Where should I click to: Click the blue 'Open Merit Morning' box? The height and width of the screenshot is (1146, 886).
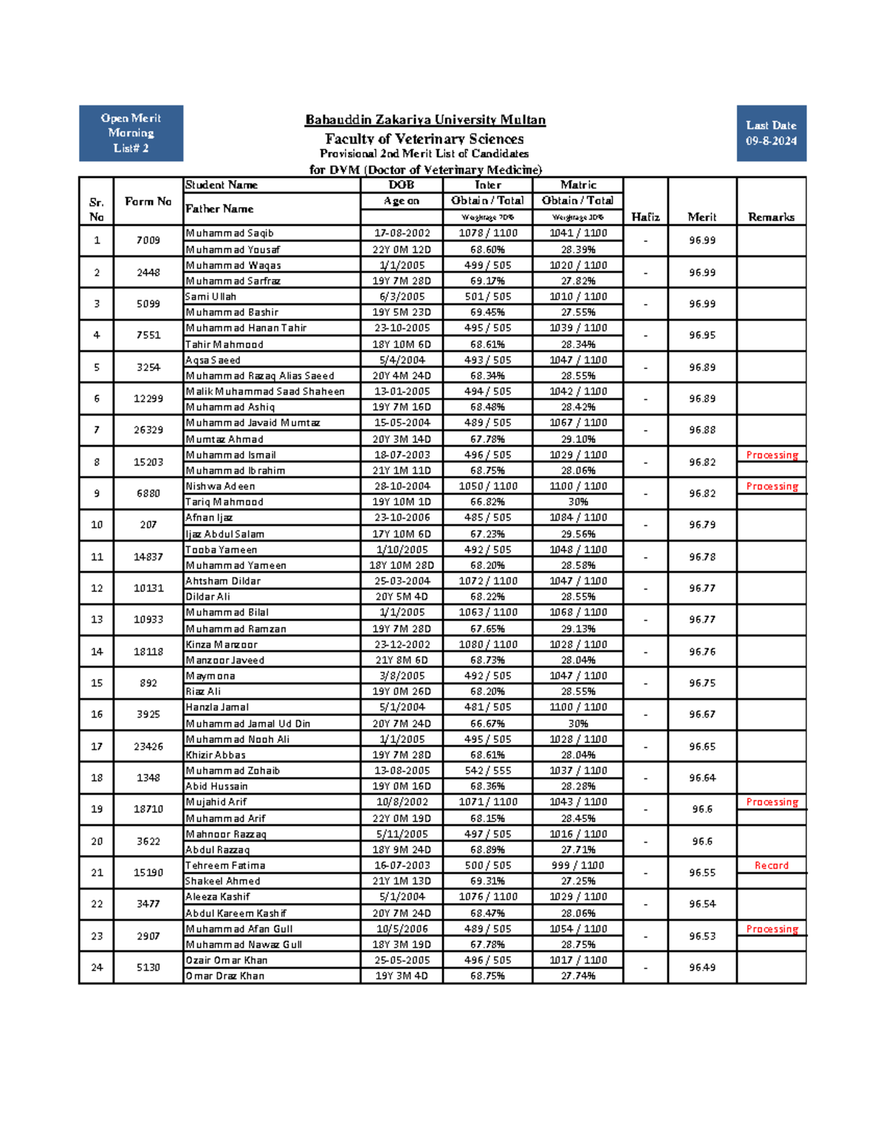click(x=131, y=133)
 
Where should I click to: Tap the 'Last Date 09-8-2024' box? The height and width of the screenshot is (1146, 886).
click(x=771, y=133)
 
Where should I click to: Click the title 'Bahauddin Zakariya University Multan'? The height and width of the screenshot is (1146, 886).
click(x=425, y=120)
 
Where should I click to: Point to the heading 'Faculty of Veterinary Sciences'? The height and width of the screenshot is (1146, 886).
click(x=425, y=139)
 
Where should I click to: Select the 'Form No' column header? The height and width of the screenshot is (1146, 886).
click(x=148, y=201)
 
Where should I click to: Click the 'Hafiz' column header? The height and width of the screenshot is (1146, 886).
click(x=645, y=217)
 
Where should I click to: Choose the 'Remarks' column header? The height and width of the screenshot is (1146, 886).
click(x=771, y=217)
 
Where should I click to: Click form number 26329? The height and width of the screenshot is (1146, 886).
click(x=148, y=430)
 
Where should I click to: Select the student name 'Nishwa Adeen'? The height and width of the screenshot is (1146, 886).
click(x=220, y=486)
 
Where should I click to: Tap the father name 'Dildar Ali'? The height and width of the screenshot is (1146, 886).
click(x=207, y=596)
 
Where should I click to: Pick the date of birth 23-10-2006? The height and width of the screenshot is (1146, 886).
click(x=402, y=517)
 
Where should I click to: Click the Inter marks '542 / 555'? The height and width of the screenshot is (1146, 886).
click(x=487, y=770)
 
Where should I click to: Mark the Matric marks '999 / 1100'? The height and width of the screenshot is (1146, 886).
click(x=577, y=865)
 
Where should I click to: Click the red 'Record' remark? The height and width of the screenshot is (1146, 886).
click(x=771, y=866)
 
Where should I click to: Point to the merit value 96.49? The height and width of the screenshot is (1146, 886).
click(x=701, y=967)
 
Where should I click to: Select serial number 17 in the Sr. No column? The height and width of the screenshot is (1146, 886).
click(x=97, y=747)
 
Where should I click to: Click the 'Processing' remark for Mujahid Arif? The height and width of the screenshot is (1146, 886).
click(x=772, y=802)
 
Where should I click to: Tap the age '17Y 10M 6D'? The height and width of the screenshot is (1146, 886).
click(x=402, y=534)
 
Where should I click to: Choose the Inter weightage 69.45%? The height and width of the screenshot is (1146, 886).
click(x=487, y=312)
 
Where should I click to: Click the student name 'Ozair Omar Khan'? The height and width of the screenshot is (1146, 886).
click(x=226, y=960)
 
